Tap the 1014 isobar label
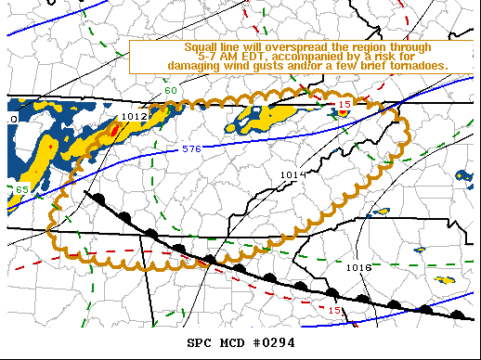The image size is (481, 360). pyautogui.click(x=292, y=174)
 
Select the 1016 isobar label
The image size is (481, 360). pyautogui.click(x=358, y=267)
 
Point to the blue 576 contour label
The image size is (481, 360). pyautogui.click(x=191, y=148)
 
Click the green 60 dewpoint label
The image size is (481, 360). pyautogui.click(x=171, y=90)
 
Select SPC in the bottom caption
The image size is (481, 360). pyautogui.click(x=200, y=342)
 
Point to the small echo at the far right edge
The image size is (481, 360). pyautogui.click(x=462, y=174)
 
